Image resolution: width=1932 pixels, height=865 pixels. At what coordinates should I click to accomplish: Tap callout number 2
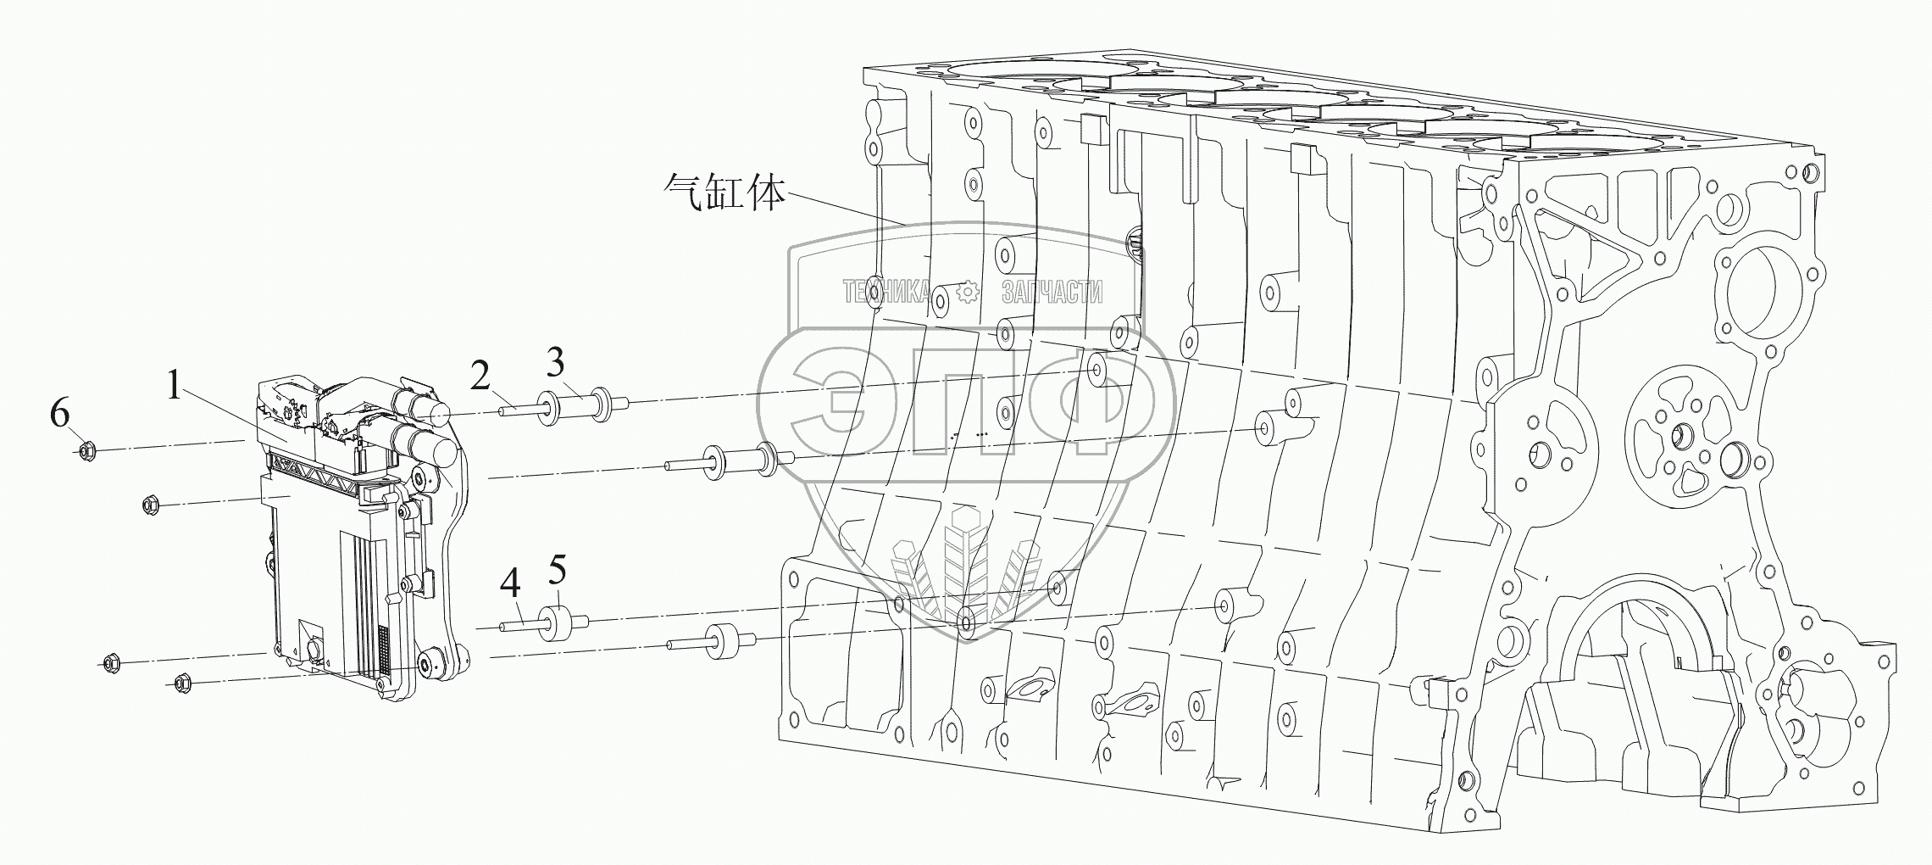[x=480, y=376]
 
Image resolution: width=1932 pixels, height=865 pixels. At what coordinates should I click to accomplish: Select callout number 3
[x=555, y=362]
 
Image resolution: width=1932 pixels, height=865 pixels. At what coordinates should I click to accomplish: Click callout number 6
[x=59, y=414]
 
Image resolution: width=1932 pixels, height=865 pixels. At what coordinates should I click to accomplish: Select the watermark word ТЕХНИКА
[x=885, y=293]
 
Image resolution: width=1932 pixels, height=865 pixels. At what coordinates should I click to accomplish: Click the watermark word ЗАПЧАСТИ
[x=1052, y=293]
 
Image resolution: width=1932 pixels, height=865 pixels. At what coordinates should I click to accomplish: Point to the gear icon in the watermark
[x=966, y=293]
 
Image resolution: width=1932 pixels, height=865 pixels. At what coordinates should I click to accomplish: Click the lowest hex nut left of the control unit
[x=181, y=683]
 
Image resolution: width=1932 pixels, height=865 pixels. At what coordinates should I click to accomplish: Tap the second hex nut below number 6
[x=153, y=505]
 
